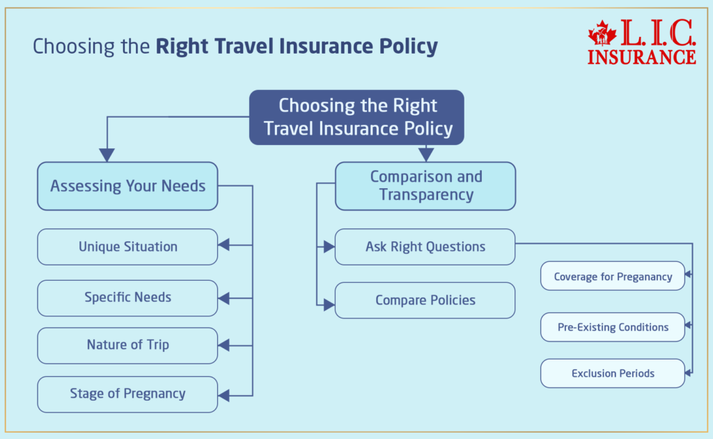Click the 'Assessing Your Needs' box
click(127, 186)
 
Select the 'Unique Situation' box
click(127, 247)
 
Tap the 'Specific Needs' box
click(127, 298)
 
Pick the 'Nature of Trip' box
click(127, 345)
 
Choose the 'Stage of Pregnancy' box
click(127, 394)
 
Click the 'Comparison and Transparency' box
click(425, 186)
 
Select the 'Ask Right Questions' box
click(425, 247)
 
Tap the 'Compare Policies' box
click(425, 300)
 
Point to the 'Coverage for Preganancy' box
click(613, 277)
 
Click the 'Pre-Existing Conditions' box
click(613, 327)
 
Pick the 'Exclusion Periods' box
click(613, 373)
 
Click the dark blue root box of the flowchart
click(356, 117)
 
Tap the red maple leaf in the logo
click(602, 33)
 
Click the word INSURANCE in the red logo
click(641, 56)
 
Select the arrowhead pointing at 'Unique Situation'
click(224, 245)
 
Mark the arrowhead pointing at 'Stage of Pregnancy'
click(224, 396)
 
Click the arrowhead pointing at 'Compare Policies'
click(329, 304)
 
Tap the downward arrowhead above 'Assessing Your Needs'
click(107, 155)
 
